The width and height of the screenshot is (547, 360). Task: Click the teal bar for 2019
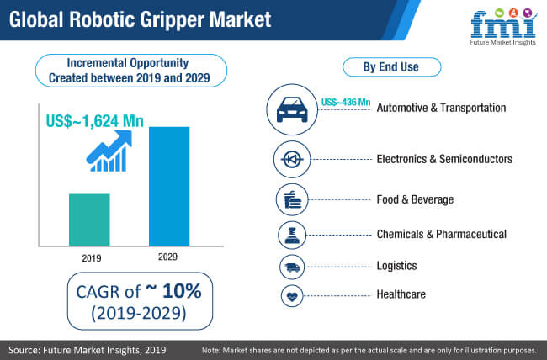[89, 220]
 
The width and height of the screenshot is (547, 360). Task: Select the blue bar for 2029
[169, 187]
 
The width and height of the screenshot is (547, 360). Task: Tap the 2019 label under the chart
[92, 258]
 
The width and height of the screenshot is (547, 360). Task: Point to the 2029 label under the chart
[167, 257]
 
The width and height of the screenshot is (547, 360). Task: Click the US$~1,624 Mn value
[95, 121]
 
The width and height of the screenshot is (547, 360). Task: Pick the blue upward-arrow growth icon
[109, 151]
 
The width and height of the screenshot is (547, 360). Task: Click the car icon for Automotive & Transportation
[292, 109]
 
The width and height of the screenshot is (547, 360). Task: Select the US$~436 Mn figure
[346, 102]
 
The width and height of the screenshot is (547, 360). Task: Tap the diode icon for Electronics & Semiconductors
[292, 160]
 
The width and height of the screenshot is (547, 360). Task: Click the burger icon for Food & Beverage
[292, 200]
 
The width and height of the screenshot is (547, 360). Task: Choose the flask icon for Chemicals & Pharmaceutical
[292, 236]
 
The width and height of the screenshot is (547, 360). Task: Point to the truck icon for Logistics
[292, 267]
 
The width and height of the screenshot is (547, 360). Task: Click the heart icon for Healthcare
[292, 296]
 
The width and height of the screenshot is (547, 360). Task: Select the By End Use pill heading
[392, 67]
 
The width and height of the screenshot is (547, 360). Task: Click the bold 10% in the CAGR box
[182, 290]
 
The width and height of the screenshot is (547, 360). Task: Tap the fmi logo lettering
[504, 25]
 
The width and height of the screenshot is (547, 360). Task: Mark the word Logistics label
[396, 266]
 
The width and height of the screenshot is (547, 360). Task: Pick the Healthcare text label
[401, 294]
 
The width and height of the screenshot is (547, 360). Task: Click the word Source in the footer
[24, 350]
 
